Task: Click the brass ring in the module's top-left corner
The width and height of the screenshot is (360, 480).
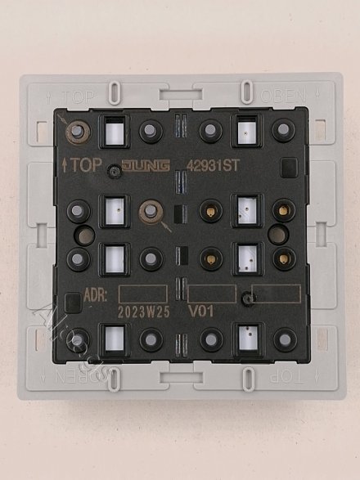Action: point(79,129)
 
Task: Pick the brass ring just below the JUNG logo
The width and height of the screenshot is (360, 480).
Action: point(150,211)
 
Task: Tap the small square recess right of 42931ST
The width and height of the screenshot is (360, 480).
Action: point(287,170)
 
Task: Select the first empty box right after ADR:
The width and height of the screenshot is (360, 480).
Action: point(143,294)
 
